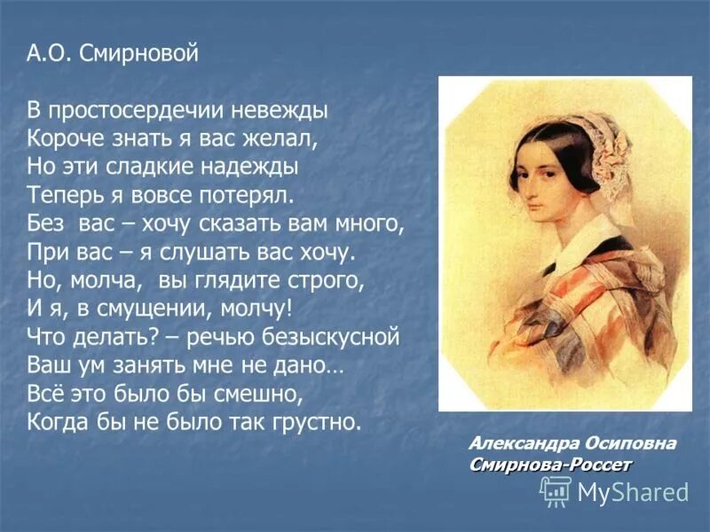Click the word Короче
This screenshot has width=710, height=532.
coord(65,140)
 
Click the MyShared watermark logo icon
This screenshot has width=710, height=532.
coord(556,489)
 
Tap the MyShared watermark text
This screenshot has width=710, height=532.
coord(633,491)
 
